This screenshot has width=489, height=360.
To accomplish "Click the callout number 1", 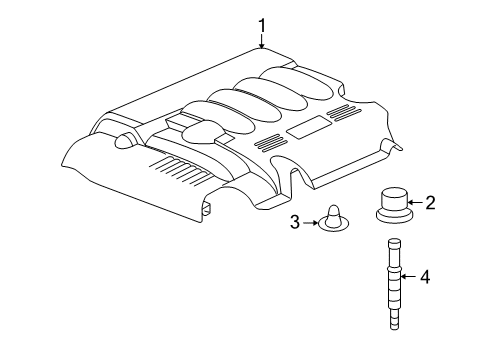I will [x=262, y=24].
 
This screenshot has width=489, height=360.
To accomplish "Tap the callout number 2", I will [x=430, y=204].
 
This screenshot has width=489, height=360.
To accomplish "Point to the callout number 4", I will [x=424, y=276].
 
